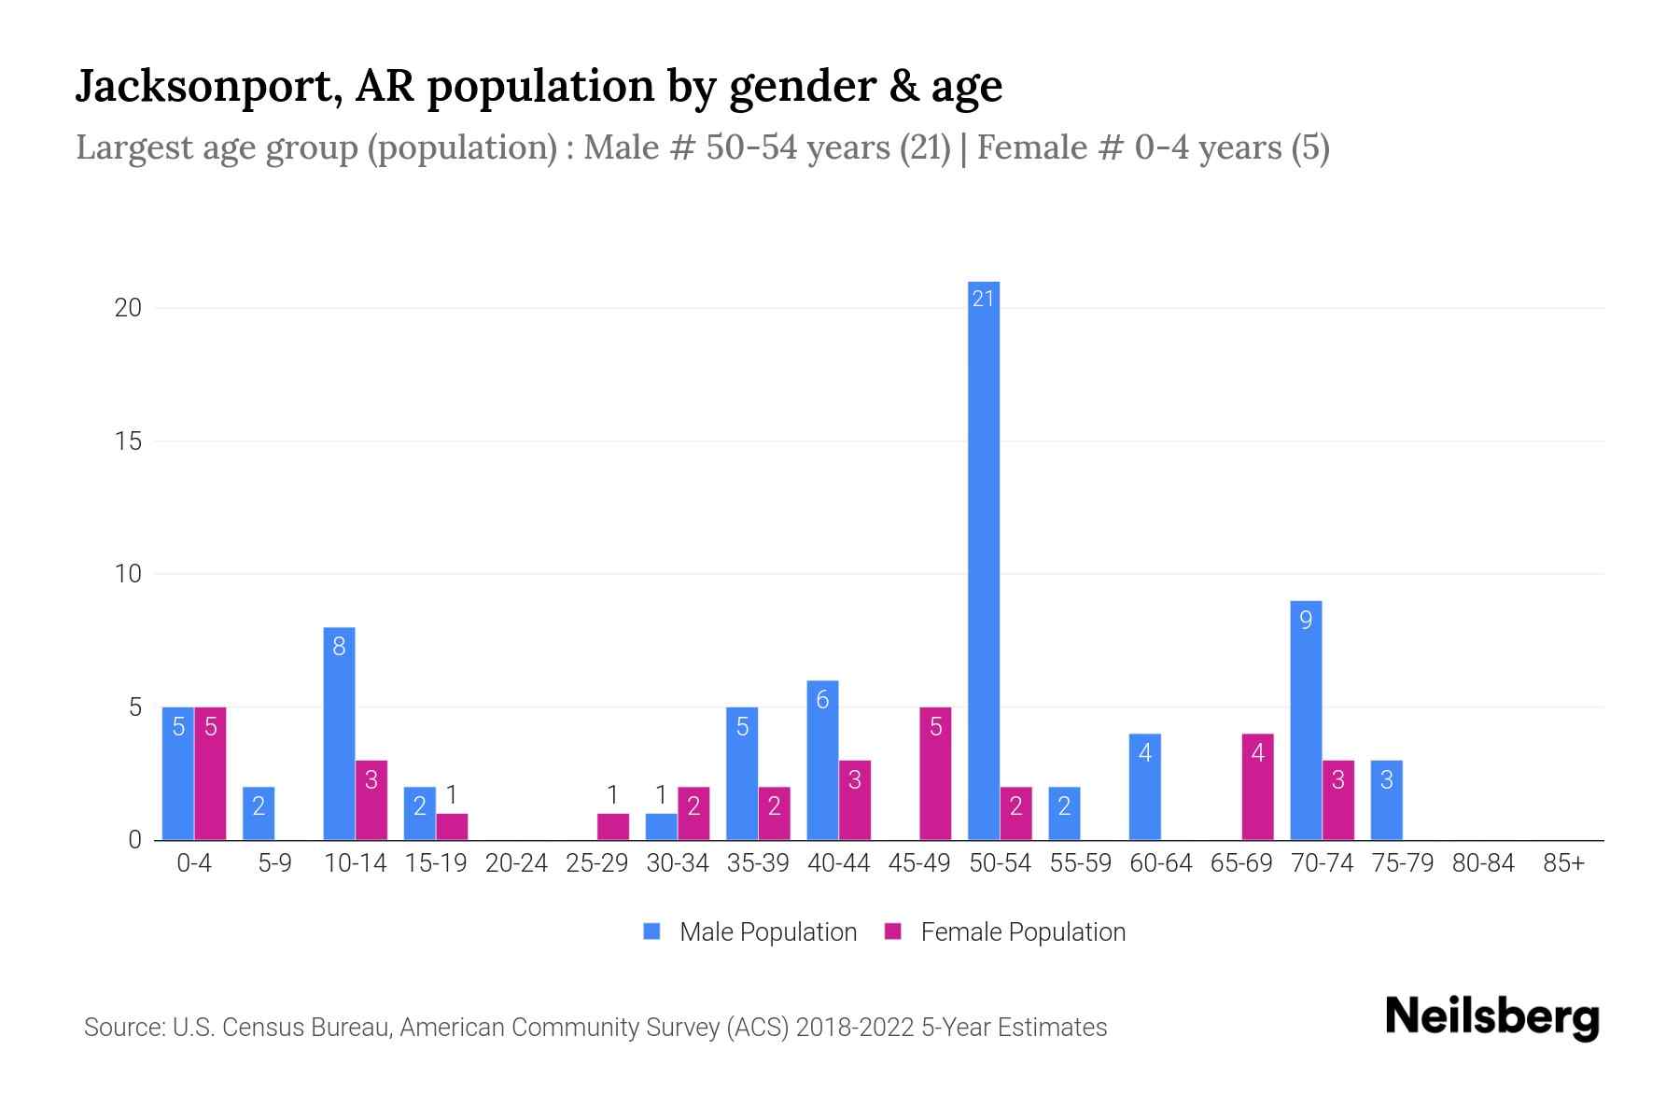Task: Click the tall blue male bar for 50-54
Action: (x=983, y=560)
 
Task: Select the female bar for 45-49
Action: (x=935, y=774)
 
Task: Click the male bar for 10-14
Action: (x=339, y=734)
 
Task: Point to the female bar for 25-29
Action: (x=613, y=827)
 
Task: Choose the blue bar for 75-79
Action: (x=1386, y=800)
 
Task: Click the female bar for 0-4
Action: (x=210, y=774)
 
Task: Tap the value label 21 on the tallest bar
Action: (x=983, y=299)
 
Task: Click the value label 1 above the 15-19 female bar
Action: (x=452, y=795)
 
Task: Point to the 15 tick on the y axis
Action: (x=128, y=441)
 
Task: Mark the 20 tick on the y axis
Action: (x=128, y=307)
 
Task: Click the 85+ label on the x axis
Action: (x=1563, y=863)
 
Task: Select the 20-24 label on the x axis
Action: (x=516, y=863)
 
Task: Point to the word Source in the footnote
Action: (x=123, y=1028)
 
